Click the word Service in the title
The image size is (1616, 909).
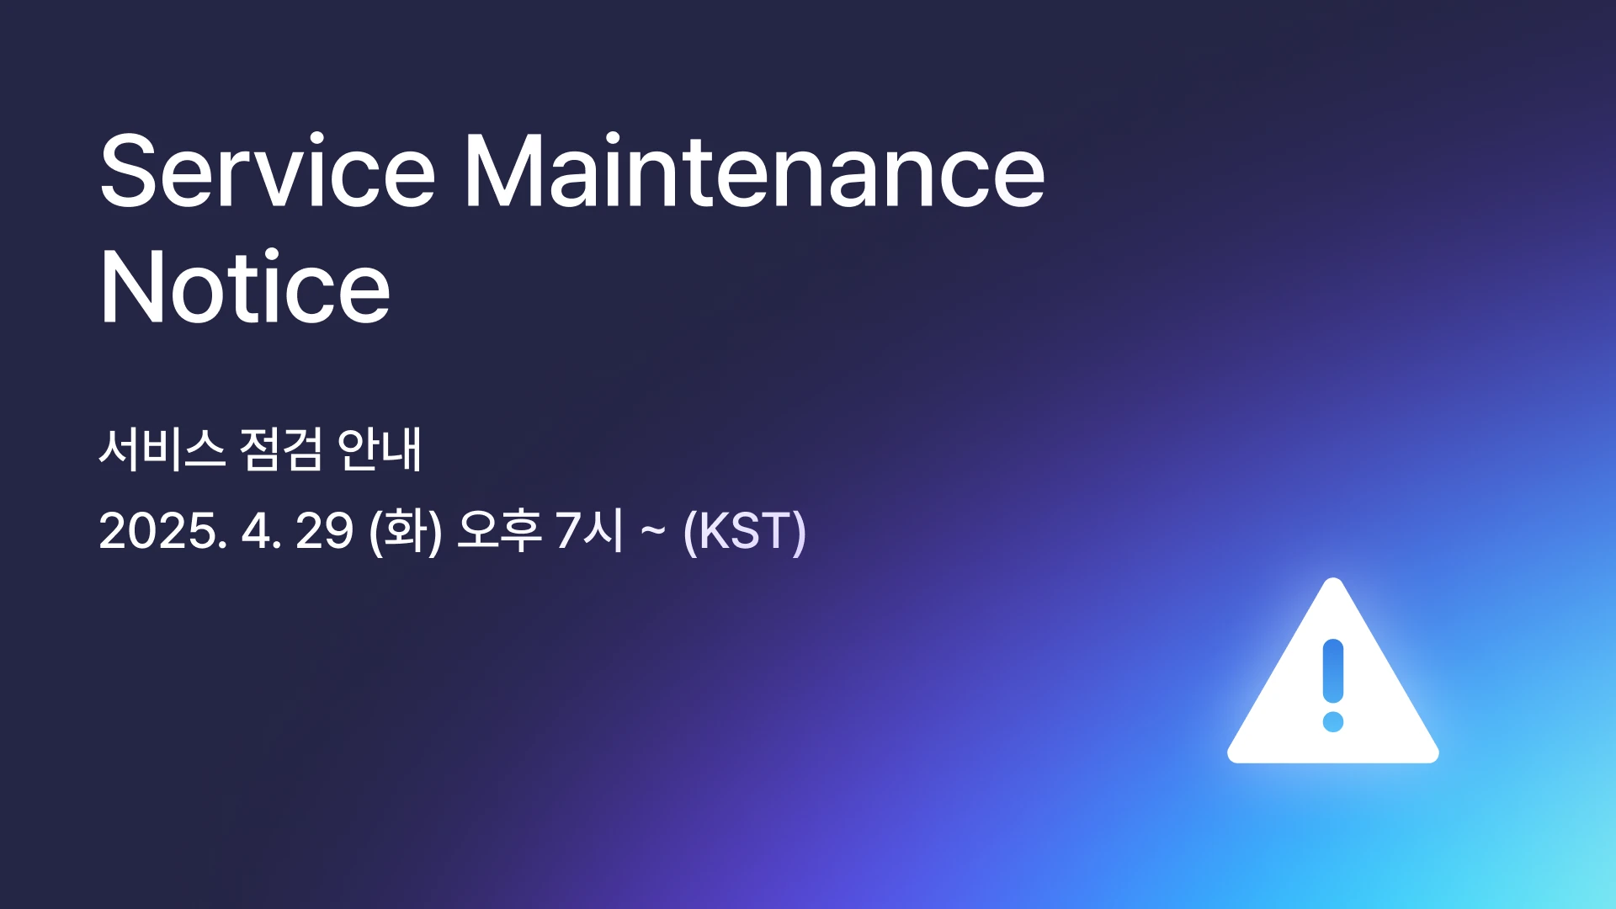268,170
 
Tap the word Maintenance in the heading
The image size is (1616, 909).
755,170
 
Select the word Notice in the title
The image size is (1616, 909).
245,286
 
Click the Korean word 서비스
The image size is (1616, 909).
162,449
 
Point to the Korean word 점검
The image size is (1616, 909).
281,449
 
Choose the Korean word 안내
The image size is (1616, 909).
379,449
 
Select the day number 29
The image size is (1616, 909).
324,531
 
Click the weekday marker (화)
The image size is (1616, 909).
406,532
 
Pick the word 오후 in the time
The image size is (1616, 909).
499,531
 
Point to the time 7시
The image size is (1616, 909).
590,531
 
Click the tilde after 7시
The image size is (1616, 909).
653,531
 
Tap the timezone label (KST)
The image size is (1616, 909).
745,532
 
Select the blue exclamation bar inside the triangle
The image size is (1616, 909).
1333,671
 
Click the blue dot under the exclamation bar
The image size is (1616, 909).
1333,721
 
